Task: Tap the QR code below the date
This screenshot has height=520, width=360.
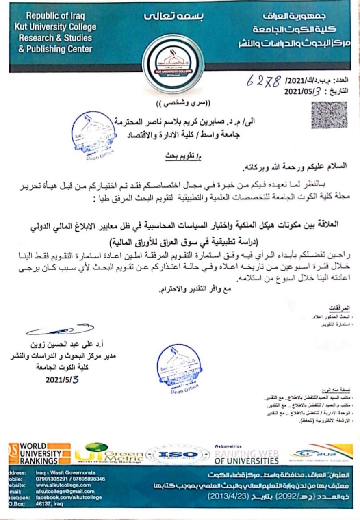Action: (329, 115)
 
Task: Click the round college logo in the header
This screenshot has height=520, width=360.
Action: (173, 63)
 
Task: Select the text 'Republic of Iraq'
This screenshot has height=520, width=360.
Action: (55, 16)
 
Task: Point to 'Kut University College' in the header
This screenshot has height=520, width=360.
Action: (55, 27)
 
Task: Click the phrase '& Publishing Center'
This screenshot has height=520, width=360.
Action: (55, 49)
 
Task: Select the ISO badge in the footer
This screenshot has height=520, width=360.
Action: (178, 455)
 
